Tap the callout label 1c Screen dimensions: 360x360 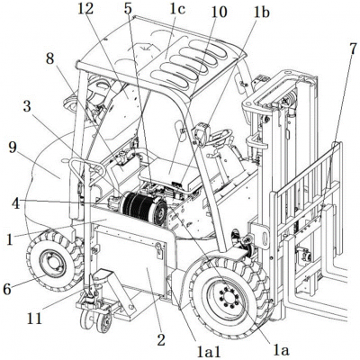[178, 9]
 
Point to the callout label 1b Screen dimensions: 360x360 [261, 11]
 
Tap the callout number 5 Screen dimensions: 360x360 [129, 9]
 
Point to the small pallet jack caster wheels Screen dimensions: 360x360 [94, 318]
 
